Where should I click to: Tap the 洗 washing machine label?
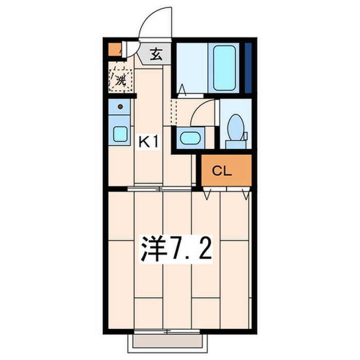(121, 80)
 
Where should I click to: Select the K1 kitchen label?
(149, 142)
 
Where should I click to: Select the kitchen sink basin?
(120, 134)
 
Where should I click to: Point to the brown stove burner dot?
(120, 107)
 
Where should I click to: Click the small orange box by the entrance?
(113, 50)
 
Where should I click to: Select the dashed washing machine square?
(121, 80)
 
